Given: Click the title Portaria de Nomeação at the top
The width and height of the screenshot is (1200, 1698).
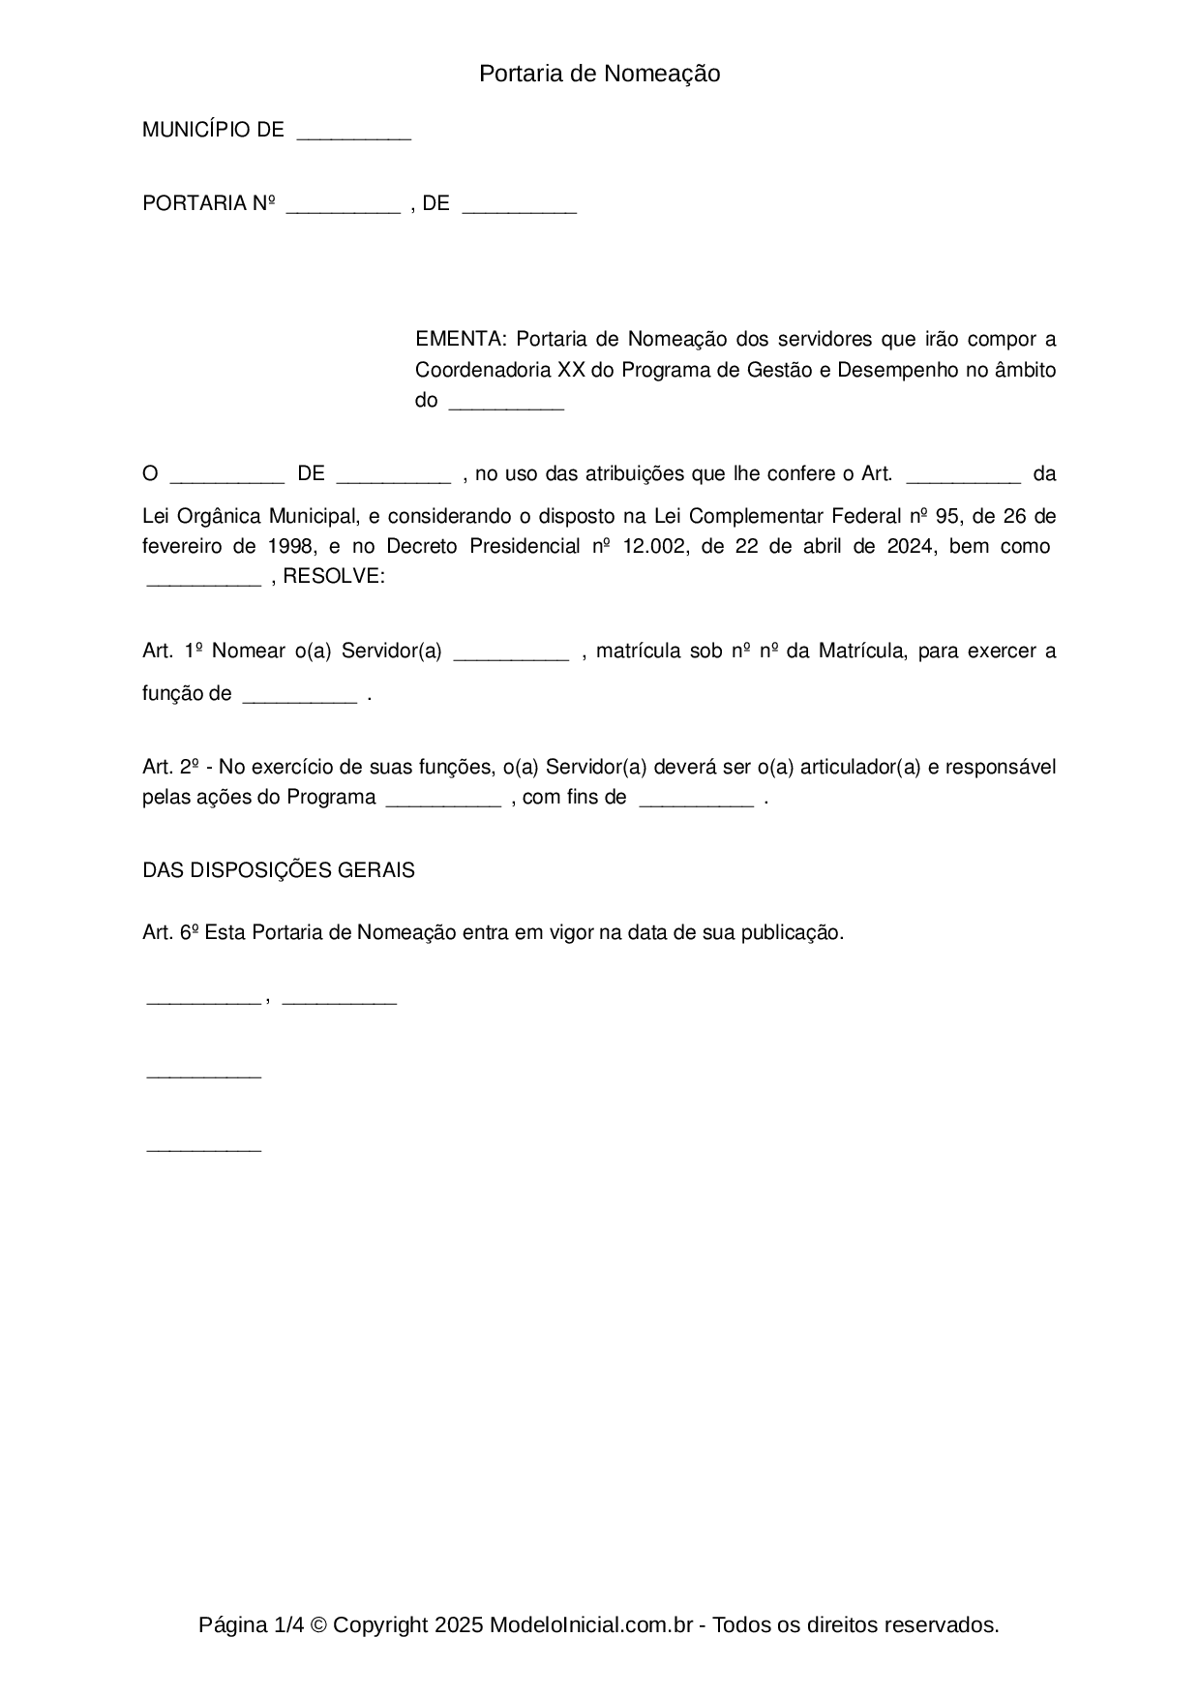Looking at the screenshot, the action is click(x=599, y=74).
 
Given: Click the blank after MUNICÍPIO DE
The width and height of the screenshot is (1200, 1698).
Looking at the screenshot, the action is click(x=354, y=134).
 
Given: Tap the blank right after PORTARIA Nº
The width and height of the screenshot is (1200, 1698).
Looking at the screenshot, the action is click(x=343, y=206).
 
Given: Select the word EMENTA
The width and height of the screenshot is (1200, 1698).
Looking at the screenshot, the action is click(x=459, y=340).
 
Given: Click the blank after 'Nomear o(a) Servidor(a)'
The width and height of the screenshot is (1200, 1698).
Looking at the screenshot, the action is click(x=511, y=654).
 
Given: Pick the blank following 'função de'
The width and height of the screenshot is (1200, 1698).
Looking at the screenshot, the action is click(x=299, y=697).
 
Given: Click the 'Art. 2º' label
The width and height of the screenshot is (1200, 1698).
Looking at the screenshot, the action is click(x=170, y=768).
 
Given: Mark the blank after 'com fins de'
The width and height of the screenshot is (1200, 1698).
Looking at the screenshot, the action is click(x=696, y=801).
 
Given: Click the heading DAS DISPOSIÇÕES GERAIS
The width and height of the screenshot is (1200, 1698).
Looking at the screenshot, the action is click(x=279, y=870).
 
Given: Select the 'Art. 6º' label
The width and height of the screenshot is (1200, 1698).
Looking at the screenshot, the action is click(x=170, y=932).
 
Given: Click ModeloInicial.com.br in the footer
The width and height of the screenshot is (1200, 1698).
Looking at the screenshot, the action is click(x=590, y=1625).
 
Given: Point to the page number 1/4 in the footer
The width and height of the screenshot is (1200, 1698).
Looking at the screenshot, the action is click(x=288, y=1625).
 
